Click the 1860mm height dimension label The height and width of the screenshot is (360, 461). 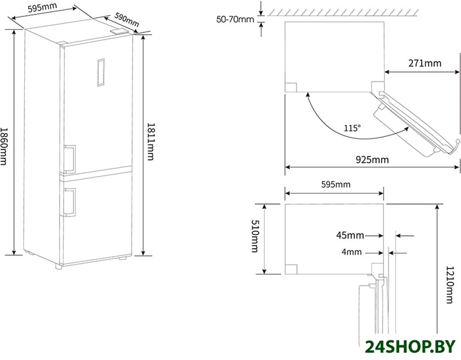tap(3, 146)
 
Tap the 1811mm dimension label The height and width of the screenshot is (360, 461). tap(150, 141)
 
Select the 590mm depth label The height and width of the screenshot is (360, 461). tap(126, 19)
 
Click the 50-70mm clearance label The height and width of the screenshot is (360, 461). tap(235, 19)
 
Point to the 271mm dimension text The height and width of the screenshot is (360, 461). tap(425, 63)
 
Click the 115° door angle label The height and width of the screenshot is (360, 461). tap(352, 128)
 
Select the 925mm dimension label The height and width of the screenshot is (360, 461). tap(372, 159)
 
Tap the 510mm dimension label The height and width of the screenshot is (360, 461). tap(255, 236)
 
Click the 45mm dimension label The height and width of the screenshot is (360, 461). tap(350, 236)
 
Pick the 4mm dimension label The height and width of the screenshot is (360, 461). tap(352, 252)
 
